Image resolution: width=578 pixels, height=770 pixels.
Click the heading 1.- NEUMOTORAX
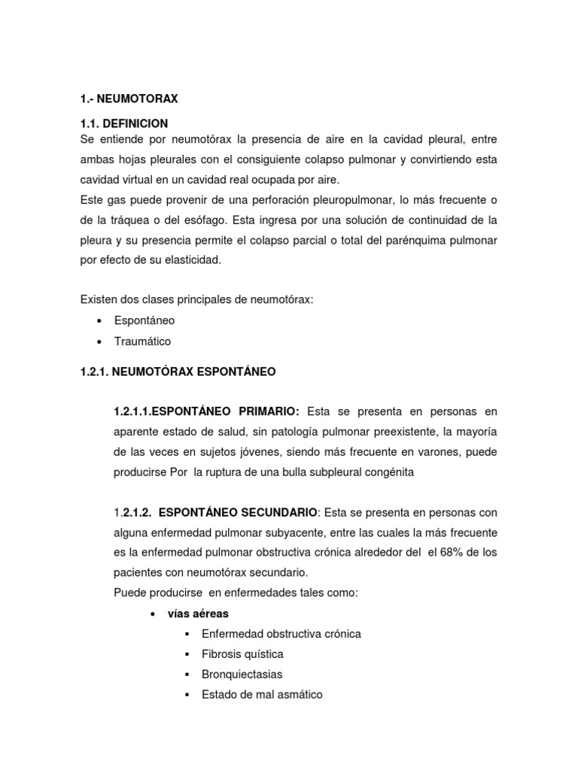(129, 99)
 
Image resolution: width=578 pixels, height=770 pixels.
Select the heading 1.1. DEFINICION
(124, 123)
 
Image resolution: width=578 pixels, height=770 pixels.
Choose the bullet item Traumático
(143, 341)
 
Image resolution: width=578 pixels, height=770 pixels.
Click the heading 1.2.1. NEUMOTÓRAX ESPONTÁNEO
(178, 371)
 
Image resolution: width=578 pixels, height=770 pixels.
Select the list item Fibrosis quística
(242, 654)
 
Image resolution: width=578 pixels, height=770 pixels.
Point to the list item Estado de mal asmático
(262, 695)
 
